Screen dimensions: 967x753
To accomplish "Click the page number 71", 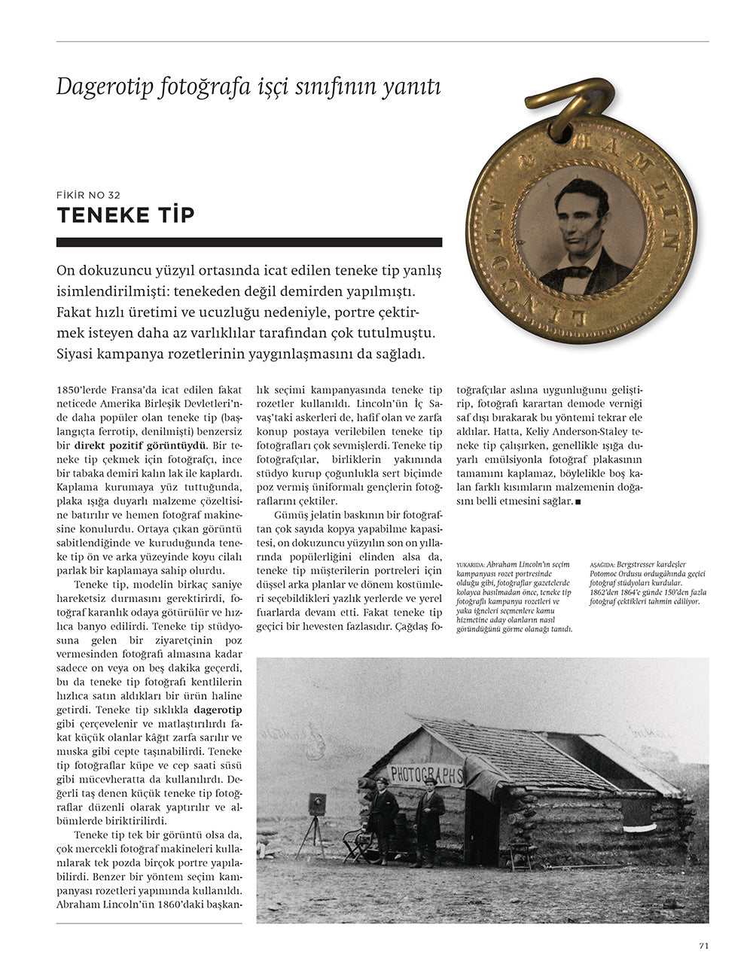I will point(703,946).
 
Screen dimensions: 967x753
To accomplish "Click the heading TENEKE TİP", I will point(126,215).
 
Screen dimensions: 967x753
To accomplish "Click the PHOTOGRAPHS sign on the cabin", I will point(426,774).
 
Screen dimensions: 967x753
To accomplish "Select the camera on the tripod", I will point(316,804).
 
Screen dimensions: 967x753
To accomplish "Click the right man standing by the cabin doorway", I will point(428,820).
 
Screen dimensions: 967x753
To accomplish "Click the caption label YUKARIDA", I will point(471,564).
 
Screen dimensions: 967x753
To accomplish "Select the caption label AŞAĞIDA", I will point(603,564).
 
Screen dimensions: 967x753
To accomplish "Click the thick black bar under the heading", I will point(249,242).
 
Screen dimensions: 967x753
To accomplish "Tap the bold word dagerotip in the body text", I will point(218,710).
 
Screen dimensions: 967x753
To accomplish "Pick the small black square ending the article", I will point(577,501).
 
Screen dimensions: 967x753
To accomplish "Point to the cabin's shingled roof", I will point(520,753).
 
